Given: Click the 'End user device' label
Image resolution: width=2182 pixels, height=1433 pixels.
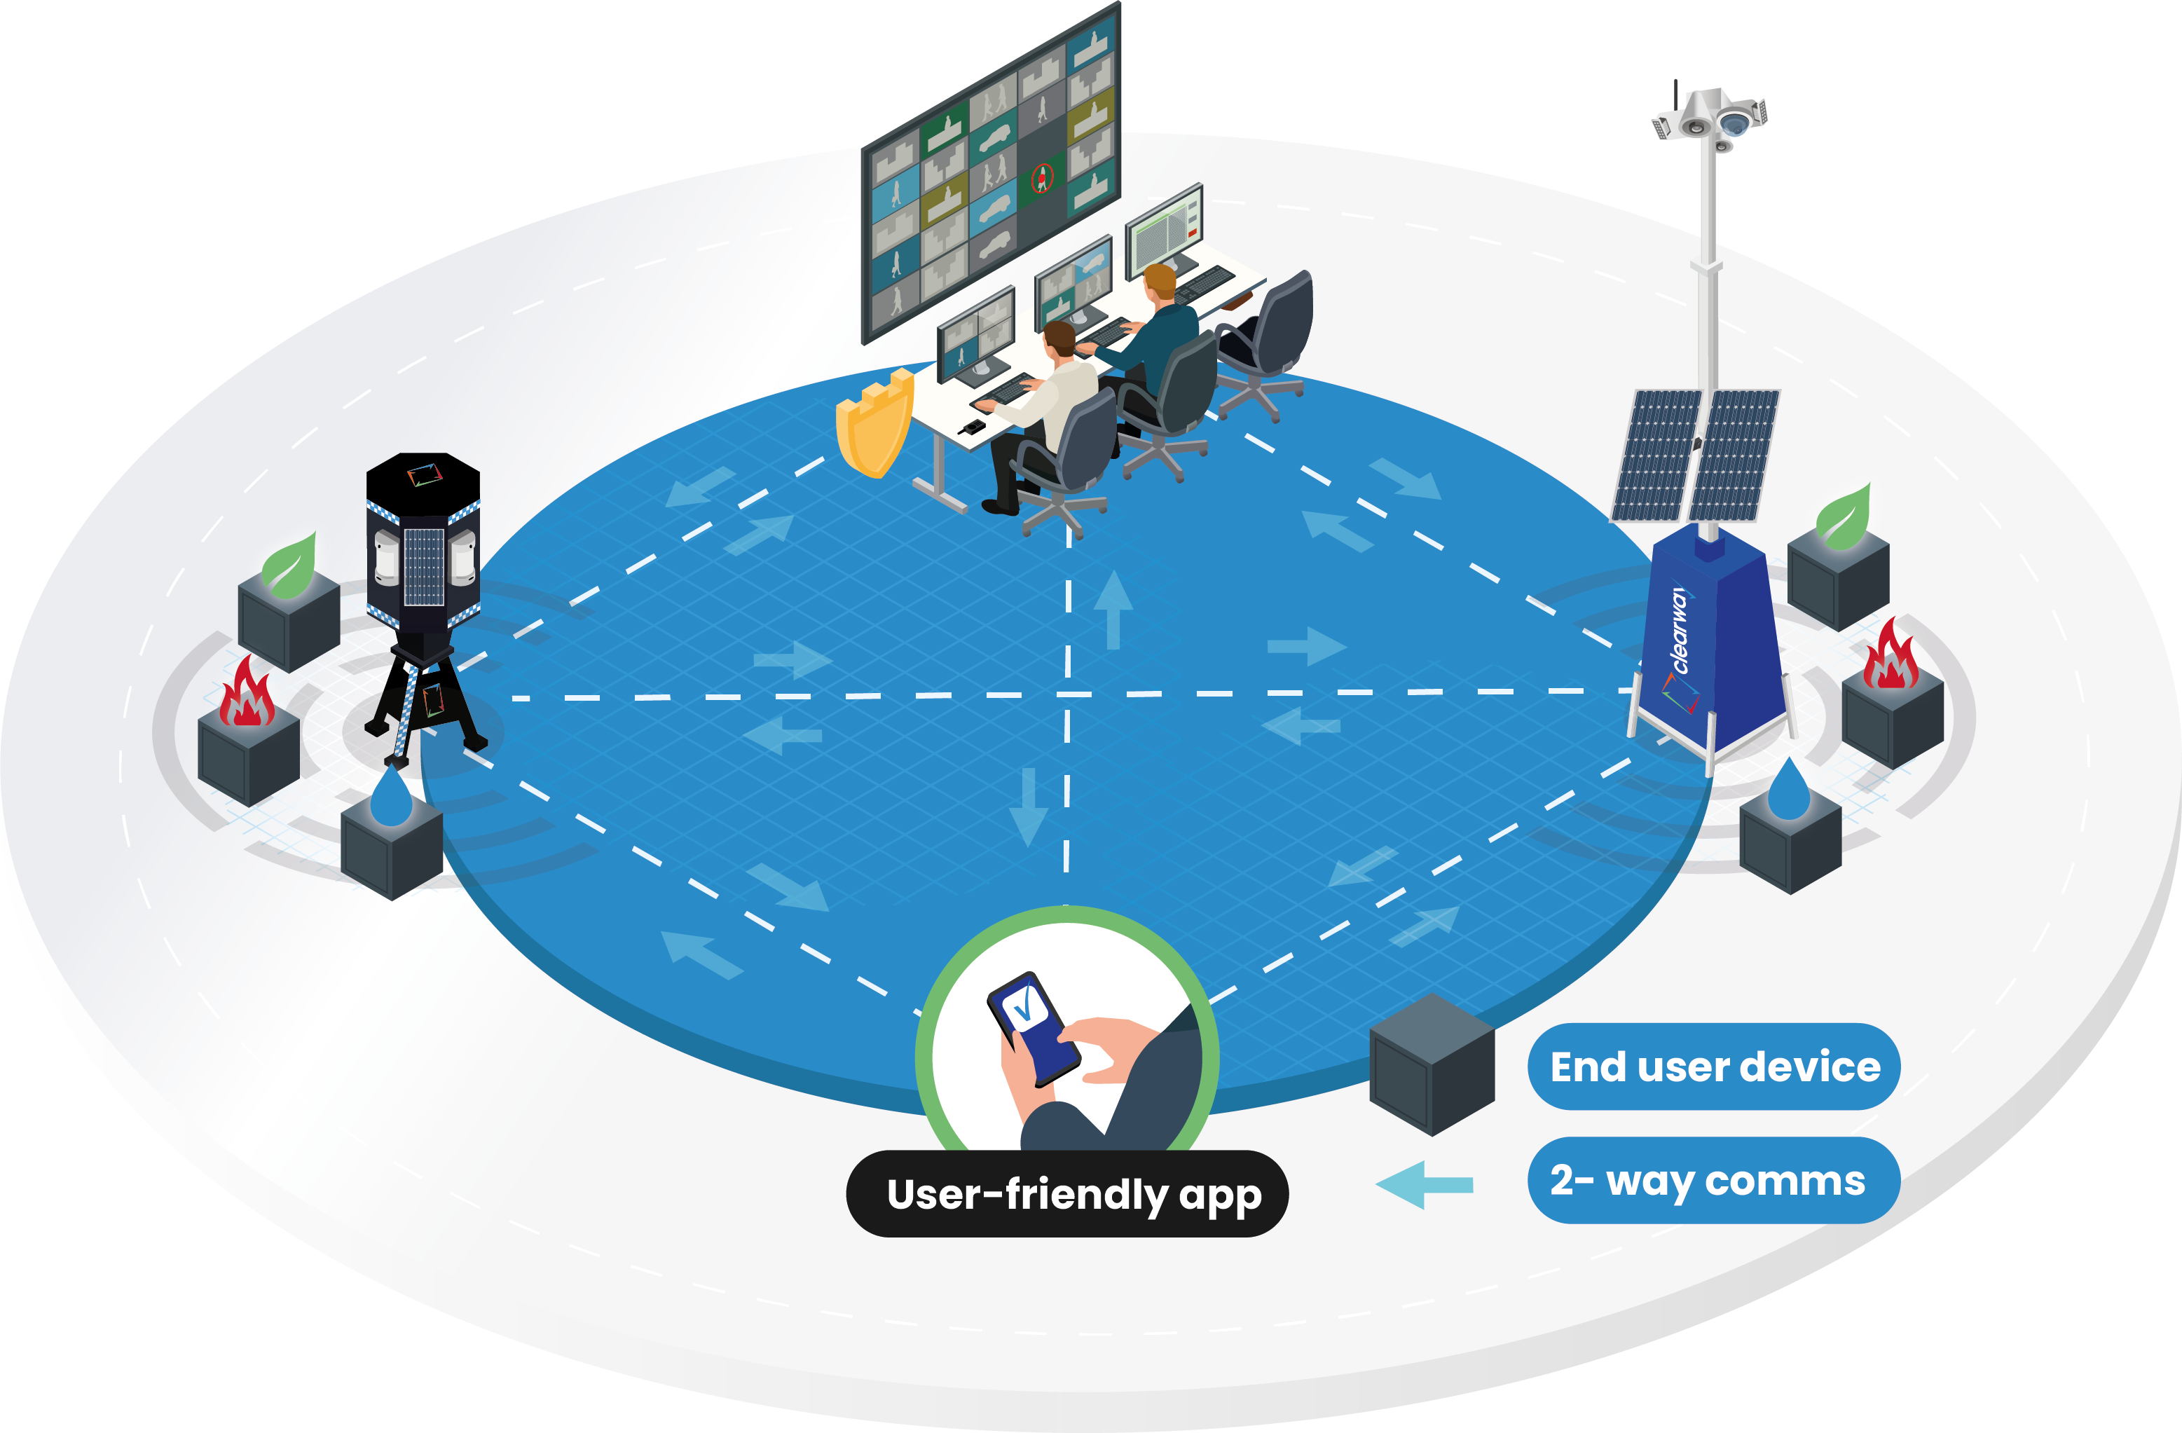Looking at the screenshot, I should pos(1713,1067).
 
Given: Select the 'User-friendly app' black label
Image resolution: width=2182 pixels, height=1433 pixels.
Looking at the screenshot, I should pos(1067,1194).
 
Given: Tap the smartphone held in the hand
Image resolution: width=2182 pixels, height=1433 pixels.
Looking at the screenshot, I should pos(1032,1026).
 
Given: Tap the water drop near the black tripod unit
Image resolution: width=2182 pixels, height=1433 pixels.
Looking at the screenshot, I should pos(392,797).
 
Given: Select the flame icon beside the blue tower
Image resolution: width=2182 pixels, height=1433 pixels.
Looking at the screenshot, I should pos(1891,655).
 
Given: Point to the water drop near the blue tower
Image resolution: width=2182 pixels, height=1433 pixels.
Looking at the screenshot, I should pos(1788,788).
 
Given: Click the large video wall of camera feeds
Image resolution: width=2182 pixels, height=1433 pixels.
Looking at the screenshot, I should pos(990,174).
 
